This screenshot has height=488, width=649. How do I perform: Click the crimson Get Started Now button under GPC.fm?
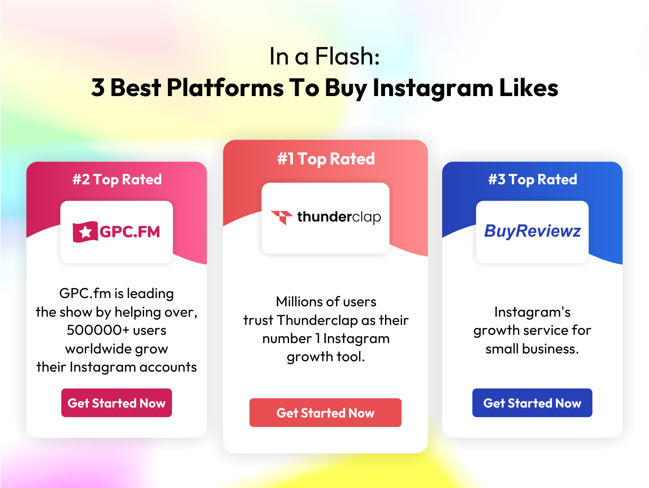[x=116, y=403]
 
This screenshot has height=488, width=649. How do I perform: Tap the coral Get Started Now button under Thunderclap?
[x=325, y=412]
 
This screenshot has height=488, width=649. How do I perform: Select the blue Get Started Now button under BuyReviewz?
[x=532, y=403]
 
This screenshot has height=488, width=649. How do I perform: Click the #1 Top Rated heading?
[x=326, y=159]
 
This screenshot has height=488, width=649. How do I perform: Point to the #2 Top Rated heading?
[x=117, y=180]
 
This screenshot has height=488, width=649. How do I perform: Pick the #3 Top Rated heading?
[x=533, y=180]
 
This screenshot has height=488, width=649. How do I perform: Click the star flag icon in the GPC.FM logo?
[x=85, y=232]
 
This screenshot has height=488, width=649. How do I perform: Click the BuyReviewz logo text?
[x=532, y=231]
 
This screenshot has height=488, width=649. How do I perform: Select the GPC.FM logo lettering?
[x=129, y=232]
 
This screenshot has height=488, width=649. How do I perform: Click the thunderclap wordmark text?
[x=339, y=217]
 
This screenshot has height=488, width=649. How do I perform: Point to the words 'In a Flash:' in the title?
[x=324, y=56]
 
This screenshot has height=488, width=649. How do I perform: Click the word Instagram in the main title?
[x=433, y=88]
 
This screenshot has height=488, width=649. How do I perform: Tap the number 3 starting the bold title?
[x=98, y=87]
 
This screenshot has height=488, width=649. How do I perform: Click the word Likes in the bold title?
[x=528, y=87]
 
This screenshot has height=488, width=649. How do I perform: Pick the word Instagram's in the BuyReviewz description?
[x=532, y=312]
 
